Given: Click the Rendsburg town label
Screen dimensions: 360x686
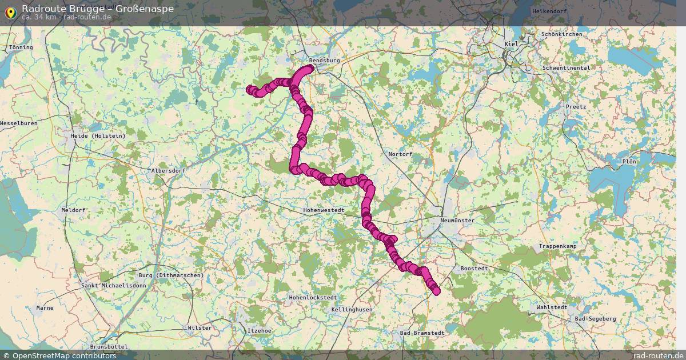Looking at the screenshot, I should point(324,60).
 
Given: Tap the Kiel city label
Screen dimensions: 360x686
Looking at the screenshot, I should point(510,45).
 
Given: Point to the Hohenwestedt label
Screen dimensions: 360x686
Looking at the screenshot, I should point(324,210).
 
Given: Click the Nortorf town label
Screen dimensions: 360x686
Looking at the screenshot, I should point(400,154).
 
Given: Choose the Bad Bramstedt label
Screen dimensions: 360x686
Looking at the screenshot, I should point(422,333).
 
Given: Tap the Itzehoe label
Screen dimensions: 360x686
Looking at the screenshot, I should point(259,331).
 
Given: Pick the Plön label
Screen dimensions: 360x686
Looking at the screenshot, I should point(629,162).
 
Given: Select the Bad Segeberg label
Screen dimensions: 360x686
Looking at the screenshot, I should point(595,319).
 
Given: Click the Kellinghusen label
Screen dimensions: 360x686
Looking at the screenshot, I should point(352,310).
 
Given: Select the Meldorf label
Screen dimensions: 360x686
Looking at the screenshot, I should point(73,210).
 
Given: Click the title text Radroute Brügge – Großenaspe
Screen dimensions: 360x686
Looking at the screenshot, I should point(98,9).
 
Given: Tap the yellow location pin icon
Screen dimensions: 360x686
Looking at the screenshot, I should point(10,11).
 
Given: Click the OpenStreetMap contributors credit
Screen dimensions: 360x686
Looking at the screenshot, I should point(59,356).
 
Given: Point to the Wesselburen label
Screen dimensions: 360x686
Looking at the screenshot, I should point(19,123).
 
